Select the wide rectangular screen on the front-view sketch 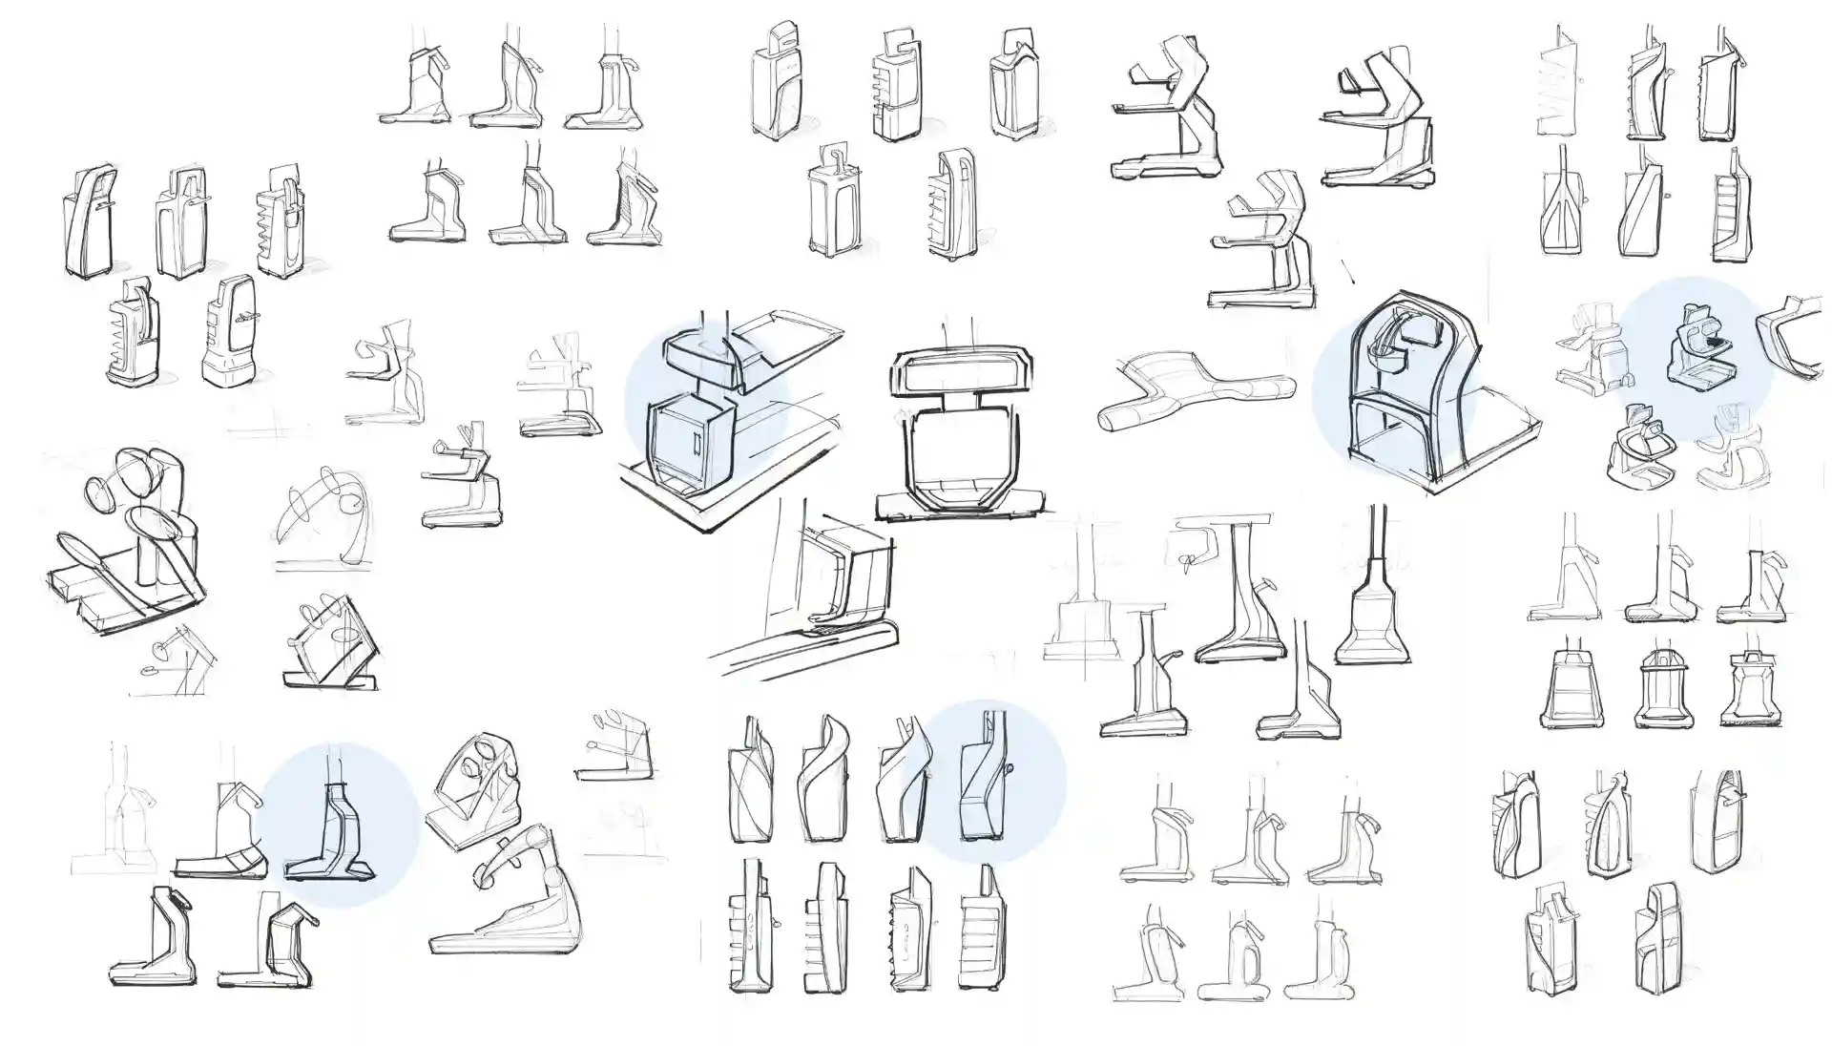pyautogui.click(x=962, y=372)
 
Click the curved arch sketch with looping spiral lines pyautogui.click(x=320, y=515)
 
